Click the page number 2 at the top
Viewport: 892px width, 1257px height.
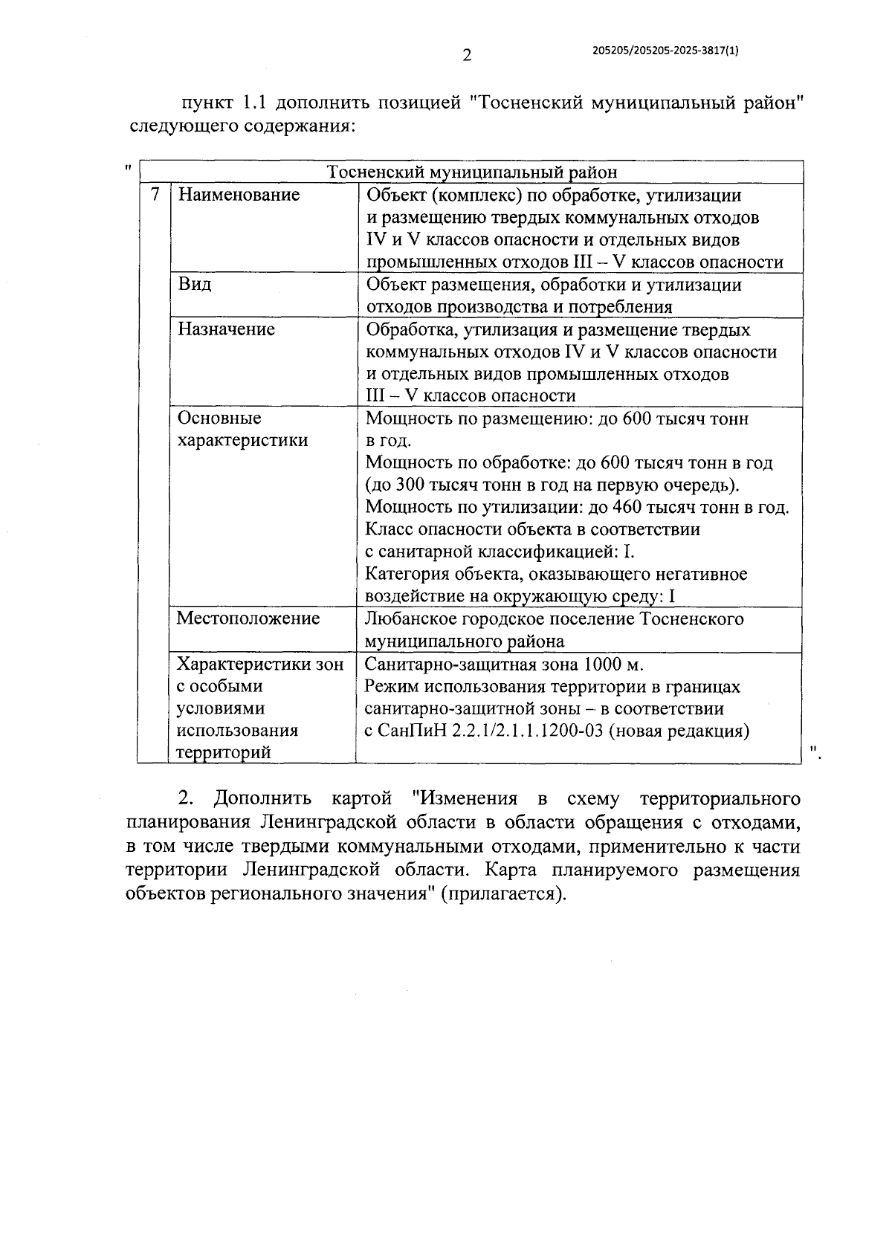point(468,55)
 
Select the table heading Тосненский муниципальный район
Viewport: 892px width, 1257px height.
point(473,172)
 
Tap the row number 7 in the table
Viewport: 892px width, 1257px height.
point(155,195)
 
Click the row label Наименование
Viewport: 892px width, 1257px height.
point(239,196)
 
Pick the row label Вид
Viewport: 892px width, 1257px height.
point(194,285)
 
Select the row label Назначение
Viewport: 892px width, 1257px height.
point(226,329)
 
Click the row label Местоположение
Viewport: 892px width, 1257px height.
point(248,618)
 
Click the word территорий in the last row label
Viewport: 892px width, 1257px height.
point(223,753)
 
